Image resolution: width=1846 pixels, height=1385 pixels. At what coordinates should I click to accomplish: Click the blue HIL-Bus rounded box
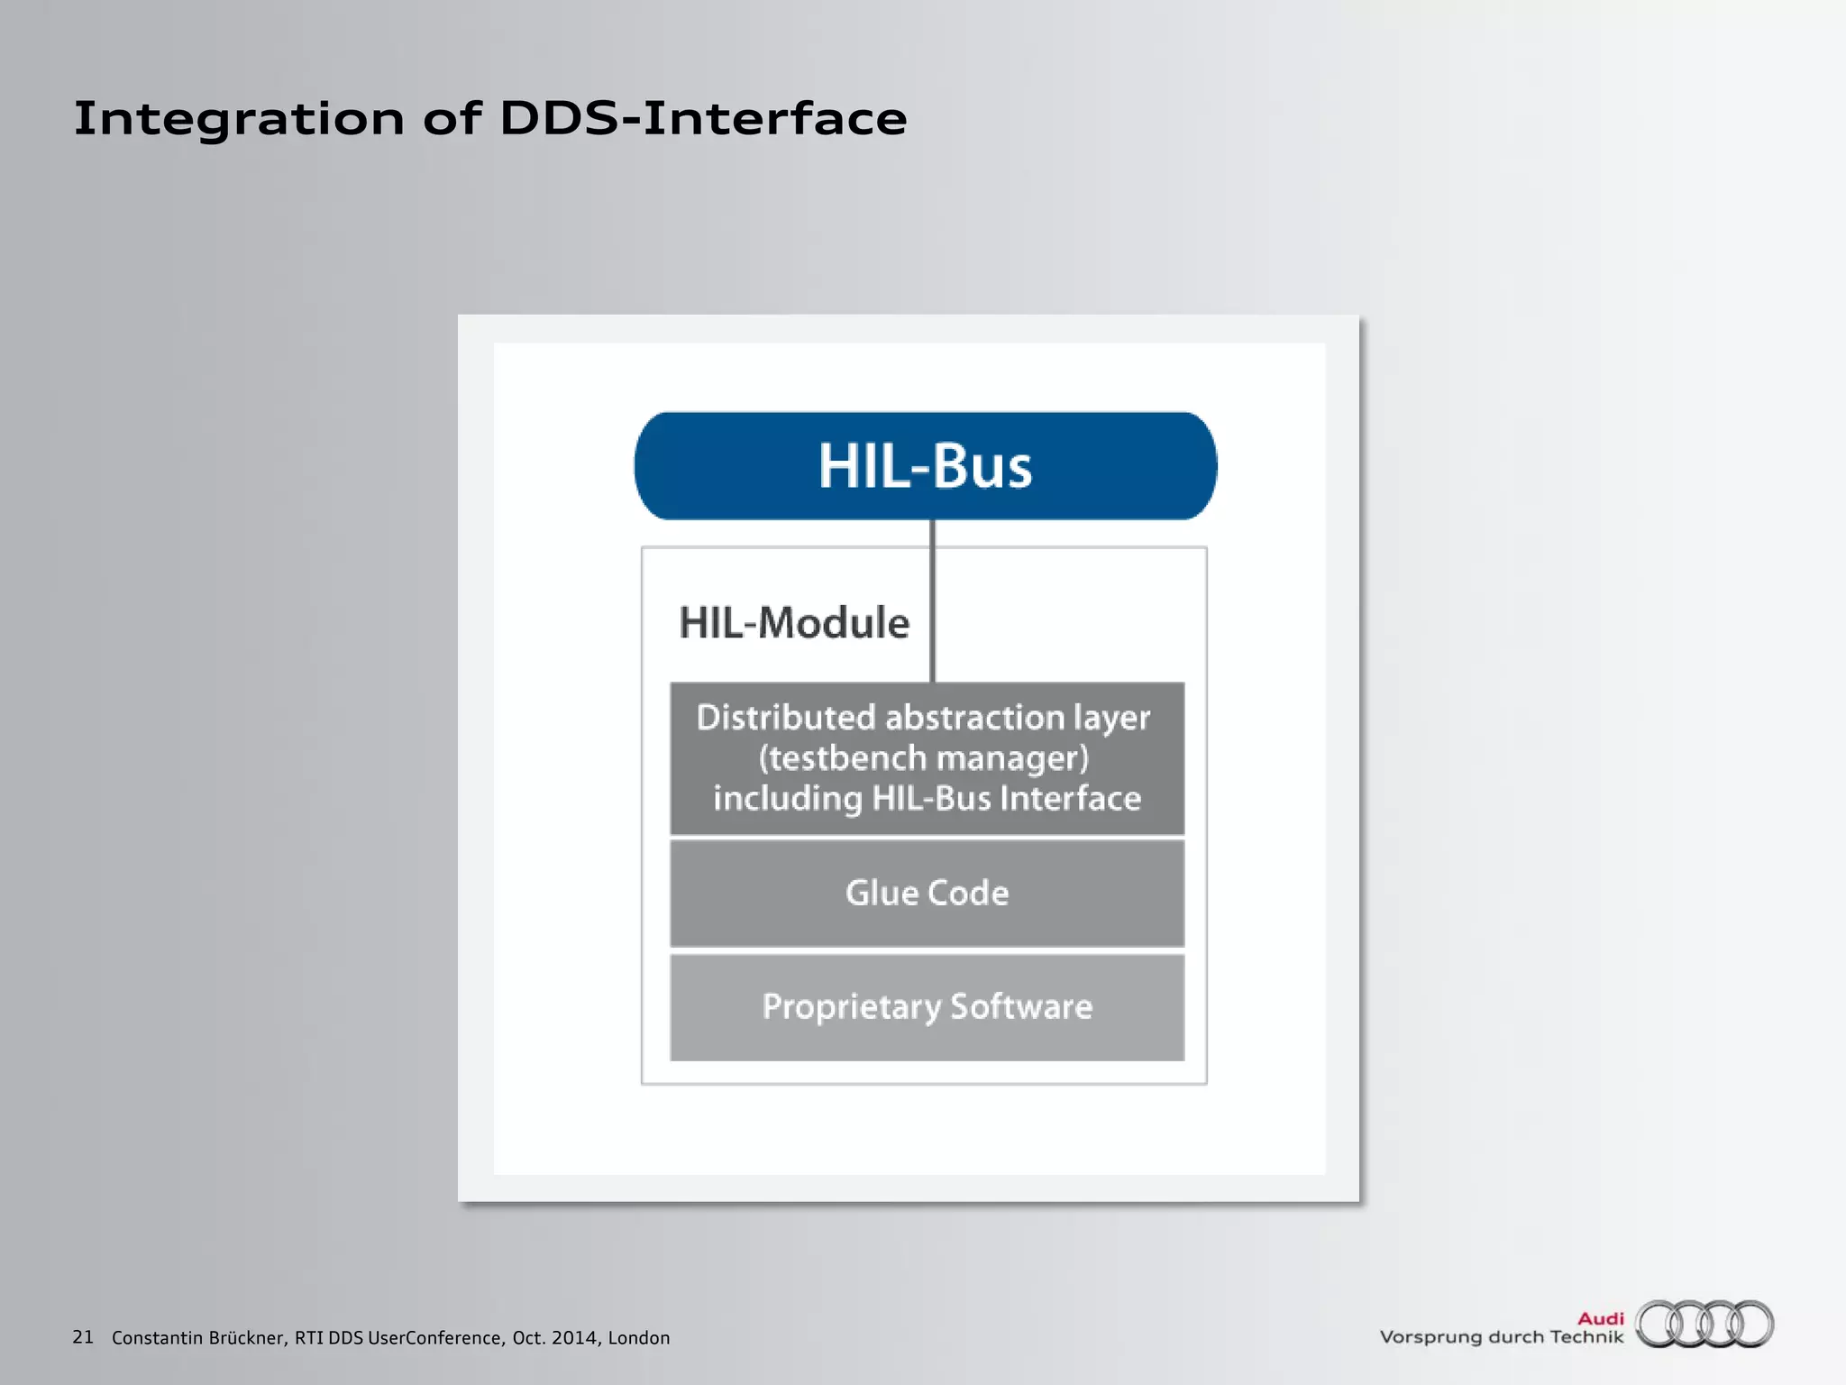point(925,465)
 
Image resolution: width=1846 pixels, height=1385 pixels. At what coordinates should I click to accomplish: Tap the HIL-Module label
point(793,623)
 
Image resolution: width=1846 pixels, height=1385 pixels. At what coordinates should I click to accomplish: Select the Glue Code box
point(927,893)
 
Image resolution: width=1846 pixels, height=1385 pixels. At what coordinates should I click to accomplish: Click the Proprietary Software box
point(927,1006)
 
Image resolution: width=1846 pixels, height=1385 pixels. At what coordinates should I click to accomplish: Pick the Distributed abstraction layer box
point(927,757)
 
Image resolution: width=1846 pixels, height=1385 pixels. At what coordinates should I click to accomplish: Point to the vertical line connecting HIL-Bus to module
point(932,600)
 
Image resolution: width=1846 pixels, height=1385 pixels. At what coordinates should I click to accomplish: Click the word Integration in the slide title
point(239,119)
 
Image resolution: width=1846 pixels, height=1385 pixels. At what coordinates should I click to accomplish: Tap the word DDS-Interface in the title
point(703,119)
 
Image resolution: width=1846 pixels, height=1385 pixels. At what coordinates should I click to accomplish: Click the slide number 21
point(83,1336)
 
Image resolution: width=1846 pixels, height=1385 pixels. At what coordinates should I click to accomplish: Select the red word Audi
point(1600,1318)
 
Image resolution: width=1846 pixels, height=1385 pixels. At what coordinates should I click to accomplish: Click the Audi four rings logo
point(1704,1324)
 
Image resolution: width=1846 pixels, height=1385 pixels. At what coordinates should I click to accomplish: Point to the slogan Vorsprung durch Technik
point(1501,1337)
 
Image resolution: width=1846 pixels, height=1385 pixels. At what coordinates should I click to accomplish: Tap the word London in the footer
point(638,1338)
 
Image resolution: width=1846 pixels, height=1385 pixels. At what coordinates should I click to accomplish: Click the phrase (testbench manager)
point(923,758)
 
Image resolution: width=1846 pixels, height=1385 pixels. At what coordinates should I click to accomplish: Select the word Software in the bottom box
point(1021,1006)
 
